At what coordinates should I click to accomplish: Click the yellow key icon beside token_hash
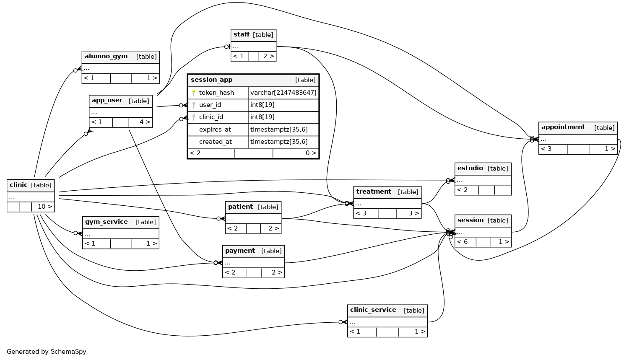[194, 93]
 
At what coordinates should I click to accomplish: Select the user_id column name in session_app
[210, 105]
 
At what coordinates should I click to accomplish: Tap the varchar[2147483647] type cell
[283, 93]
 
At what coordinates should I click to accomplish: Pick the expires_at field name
[215, 129]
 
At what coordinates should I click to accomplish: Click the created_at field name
[215, 142]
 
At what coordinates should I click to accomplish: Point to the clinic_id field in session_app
[211, 117]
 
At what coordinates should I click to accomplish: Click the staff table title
[242, 34]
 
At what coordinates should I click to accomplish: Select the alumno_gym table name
[106, 57]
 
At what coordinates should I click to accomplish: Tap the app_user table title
[107, 101]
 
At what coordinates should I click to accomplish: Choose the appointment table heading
[563, 127]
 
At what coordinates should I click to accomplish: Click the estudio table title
[470, 168]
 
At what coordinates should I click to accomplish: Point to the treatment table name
[374, 192]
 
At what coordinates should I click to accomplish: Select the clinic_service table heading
[373, 310]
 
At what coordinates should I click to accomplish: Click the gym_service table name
[107, 222]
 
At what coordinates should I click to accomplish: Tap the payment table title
[240, 251]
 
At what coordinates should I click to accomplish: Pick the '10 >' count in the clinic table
[45, 207]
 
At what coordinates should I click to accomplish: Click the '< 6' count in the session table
[462, 242]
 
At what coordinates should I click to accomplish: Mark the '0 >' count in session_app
[311, 153]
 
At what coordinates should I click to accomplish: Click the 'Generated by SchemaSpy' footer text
[47, 352]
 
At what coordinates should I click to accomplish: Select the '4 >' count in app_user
[145, 122]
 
